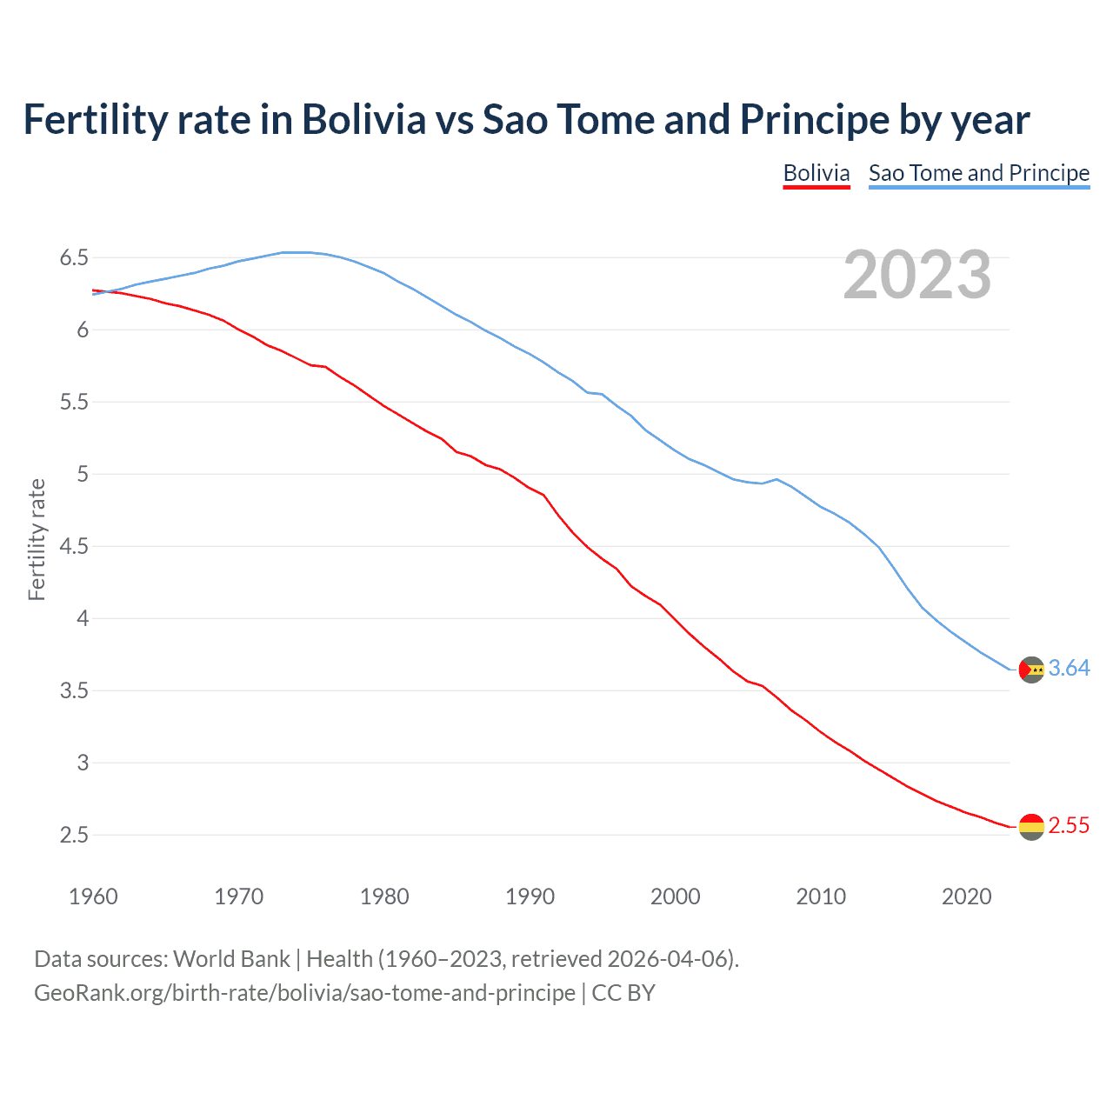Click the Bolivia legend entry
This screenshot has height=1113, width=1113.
tap(816, 173)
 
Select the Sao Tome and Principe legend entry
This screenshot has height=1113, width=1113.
tap(978, 173)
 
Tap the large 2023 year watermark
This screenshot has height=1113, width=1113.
tap(916, 275)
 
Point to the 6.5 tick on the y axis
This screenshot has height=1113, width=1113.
tap(74, 258)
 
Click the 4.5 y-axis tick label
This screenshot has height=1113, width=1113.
tap(74, 547)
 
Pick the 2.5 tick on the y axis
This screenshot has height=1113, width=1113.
tap(74, 836)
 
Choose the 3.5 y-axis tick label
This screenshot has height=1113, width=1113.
tap(74, 691)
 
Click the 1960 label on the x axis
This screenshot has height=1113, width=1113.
tap(93, 896)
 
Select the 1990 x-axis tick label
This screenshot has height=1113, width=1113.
tap(530, 896)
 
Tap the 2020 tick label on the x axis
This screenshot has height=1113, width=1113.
tap(966, 896)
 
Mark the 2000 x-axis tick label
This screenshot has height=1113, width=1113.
tap(675, 896)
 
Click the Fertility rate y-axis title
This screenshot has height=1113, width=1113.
tap(37, 539)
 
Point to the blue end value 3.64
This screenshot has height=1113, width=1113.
tap(1069, 668)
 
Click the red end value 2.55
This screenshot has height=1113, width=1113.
tap(1069, 825)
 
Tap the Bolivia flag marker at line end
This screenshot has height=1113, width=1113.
tap(1031, 827)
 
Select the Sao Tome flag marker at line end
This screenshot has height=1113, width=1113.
tap(1031, 670)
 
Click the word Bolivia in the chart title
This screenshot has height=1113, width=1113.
tap(363, 119)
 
